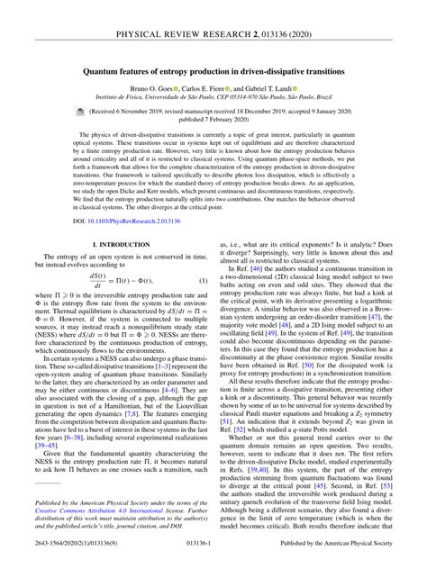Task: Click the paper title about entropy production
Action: pos(213,69)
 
